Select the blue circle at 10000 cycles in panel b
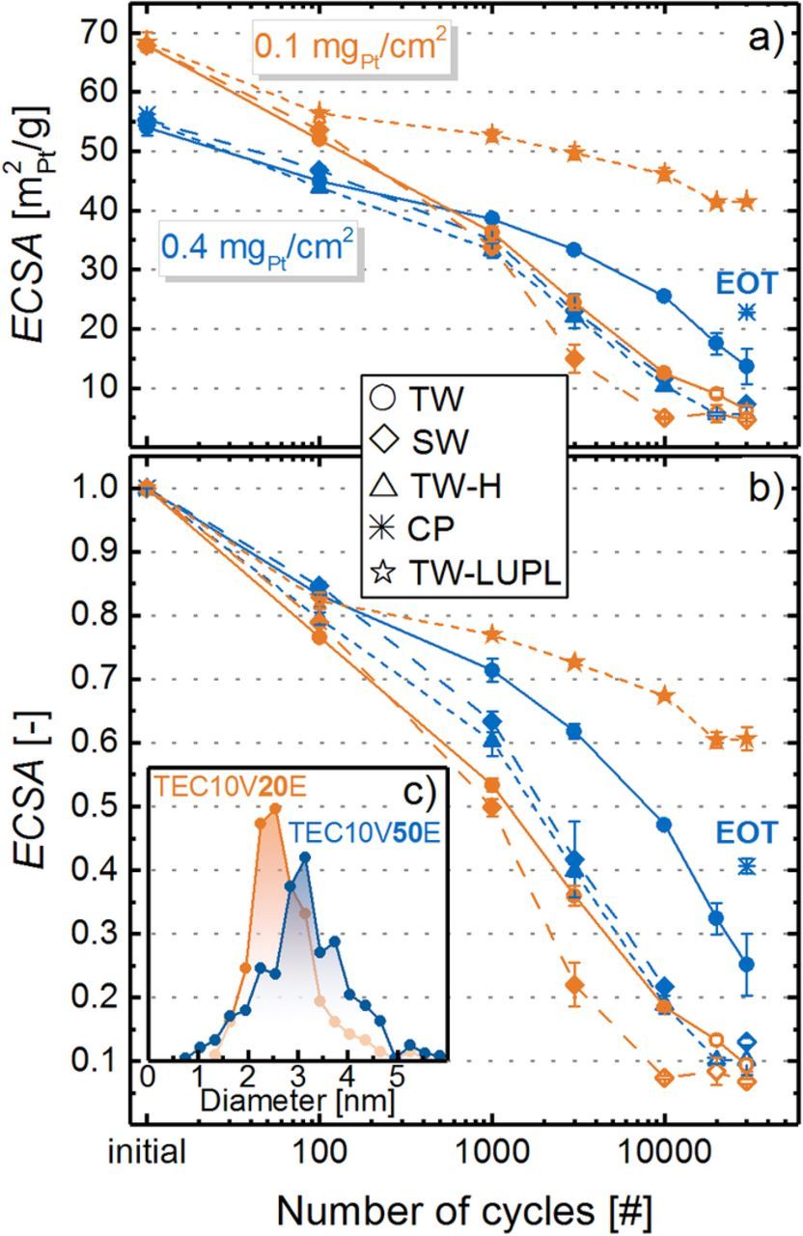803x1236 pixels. pyautogui.click(x=664, y=825)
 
